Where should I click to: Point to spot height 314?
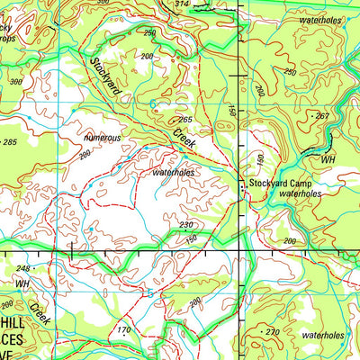point(183,4)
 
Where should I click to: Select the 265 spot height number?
point(185,120)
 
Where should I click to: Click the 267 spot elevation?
point(322,116)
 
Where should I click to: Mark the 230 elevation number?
point(186,224)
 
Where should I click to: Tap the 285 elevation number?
point(10,142)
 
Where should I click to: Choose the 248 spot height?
point(22,269)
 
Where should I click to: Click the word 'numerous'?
point(102,138)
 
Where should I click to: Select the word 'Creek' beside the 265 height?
point(184,138)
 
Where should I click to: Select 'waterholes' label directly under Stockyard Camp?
point(300,193)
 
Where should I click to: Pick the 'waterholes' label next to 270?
point(323,335)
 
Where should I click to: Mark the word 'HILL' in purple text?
point(15,319)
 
